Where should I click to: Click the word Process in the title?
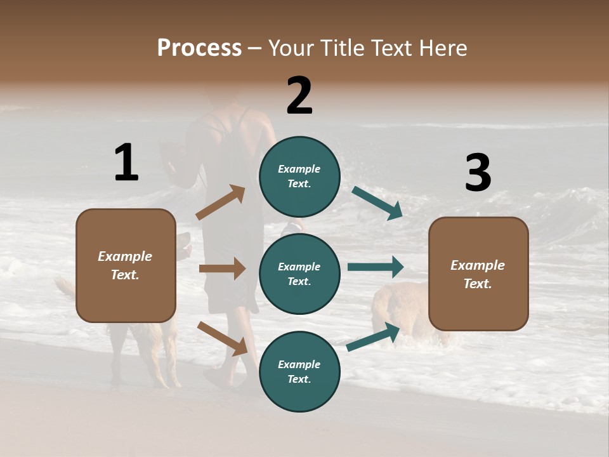199,48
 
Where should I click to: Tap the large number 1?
126,162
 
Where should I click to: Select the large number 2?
299,95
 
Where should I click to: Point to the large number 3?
478,174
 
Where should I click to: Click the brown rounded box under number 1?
126,265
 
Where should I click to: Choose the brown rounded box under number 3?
478,274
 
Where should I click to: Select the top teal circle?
299,176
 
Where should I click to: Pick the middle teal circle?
299,274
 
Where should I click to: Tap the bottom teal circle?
299,371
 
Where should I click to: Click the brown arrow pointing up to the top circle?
221,202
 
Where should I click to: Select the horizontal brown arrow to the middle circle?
222,268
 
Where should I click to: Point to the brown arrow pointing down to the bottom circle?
222,338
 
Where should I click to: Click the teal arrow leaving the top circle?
377,202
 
